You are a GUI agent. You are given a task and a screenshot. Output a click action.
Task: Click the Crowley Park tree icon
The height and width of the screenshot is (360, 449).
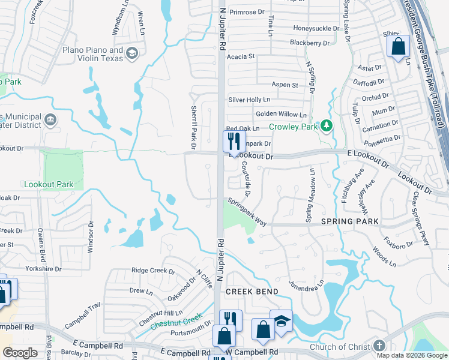[326, 125]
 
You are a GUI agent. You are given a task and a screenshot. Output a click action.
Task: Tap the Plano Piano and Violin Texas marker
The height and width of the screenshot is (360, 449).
[131, 55]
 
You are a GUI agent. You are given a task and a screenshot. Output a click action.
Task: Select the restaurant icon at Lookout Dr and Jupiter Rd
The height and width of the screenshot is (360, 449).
[232, 142]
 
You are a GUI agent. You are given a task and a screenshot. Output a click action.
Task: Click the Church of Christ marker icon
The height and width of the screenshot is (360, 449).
[378, 346]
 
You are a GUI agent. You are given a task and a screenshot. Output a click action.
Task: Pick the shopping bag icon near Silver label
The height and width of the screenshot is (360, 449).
[398, 46]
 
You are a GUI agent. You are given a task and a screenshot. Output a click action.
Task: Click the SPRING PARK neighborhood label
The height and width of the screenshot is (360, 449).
[349, 221]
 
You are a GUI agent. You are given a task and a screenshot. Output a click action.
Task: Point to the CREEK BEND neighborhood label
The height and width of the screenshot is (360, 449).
[252, 292]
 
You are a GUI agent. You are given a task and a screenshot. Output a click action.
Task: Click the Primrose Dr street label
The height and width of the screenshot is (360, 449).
[247, 11]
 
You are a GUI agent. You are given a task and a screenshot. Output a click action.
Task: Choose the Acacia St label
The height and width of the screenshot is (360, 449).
[241, 56]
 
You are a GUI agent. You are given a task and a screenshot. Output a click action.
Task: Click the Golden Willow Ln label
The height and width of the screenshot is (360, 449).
[281, 114]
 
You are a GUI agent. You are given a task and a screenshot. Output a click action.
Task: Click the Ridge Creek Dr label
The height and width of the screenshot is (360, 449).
[153, 271]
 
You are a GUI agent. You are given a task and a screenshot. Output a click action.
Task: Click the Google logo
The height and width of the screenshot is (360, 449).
[20, 353]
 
